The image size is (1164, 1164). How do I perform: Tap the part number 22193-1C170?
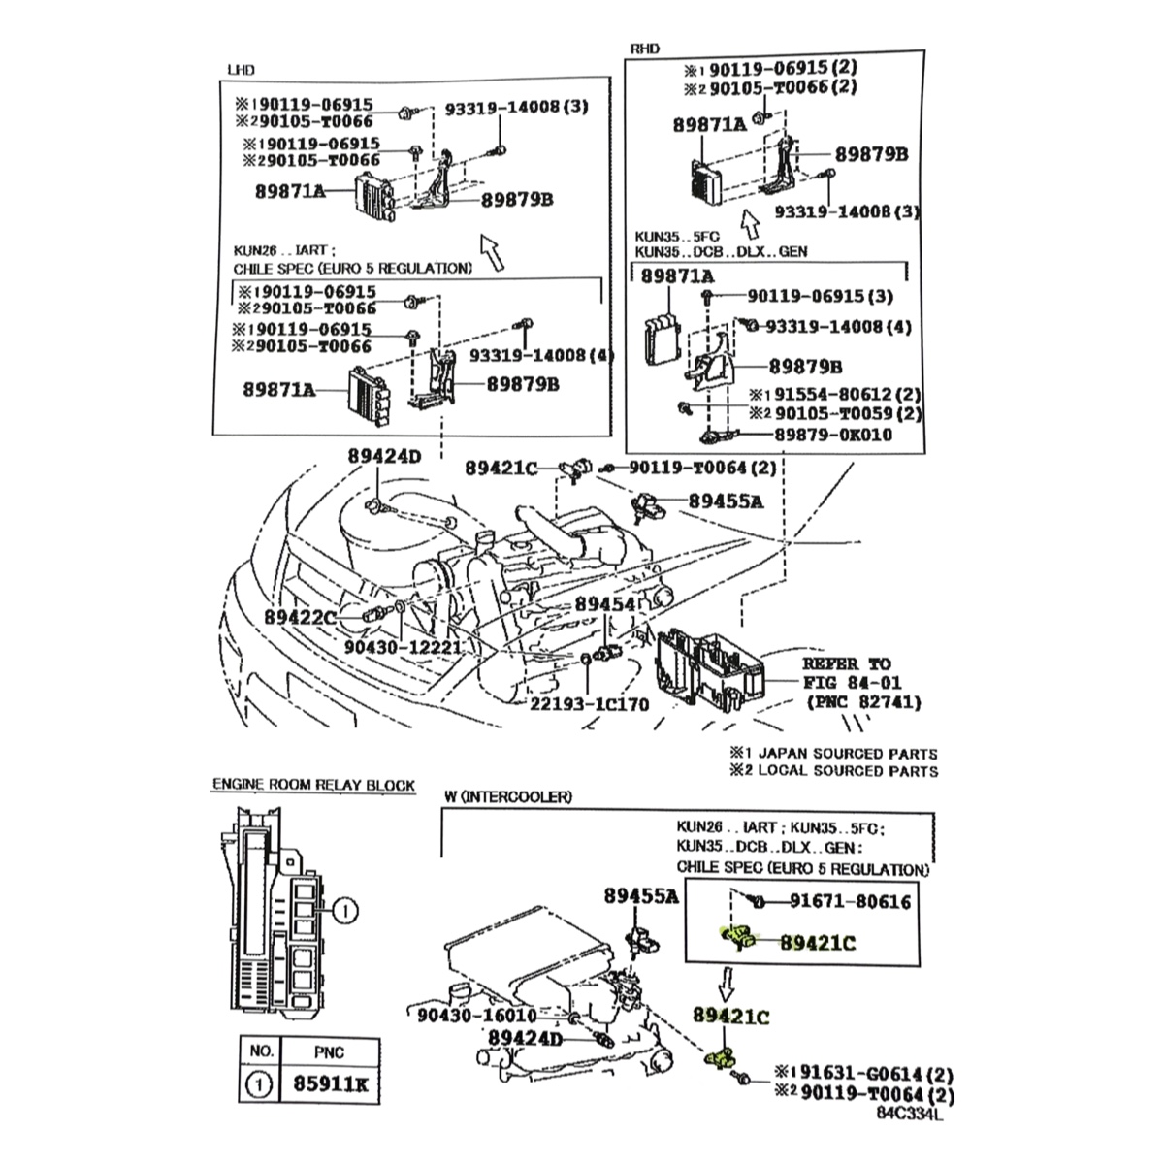tap(589, 703)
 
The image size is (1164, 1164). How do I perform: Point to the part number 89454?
tap(604, 604)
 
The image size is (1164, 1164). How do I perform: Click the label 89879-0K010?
tap(833, 434)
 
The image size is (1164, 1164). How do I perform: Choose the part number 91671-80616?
tap(850, 902)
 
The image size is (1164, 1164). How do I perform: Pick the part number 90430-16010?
tap(476, 1015)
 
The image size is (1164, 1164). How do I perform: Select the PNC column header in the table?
tap(329, 1051)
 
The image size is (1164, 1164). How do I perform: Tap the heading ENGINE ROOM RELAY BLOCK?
tap(313, 785)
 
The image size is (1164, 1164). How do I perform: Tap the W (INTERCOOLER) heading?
tap(508, 796)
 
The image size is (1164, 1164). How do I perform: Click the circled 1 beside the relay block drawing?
tap(346, 910)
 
